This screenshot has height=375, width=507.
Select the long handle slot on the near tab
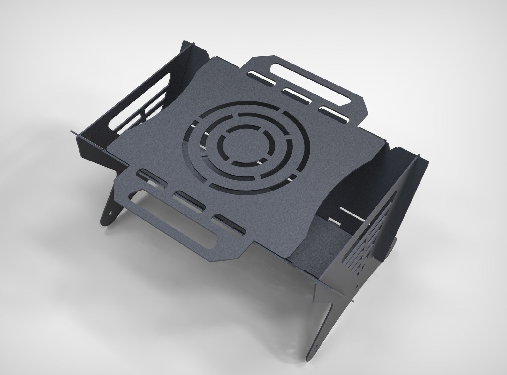click(185, 233)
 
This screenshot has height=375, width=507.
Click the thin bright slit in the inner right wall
click(351, 211)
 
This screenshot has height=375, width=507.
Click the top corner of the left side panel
click(185, 42)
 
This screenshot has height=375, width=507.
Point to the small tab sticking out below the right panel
click(352, 300)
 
